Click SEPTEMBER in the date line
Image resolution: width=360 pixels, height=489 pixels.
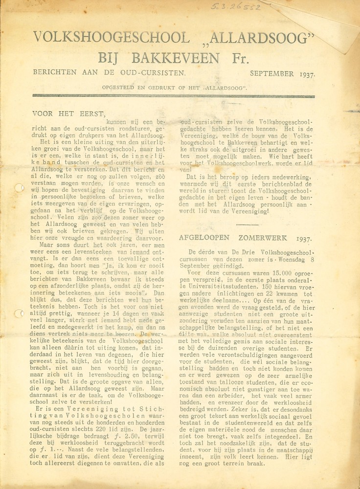pos(271,74)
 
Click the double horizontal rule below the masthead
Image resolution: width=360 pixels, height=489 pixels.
pos(173,96)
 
